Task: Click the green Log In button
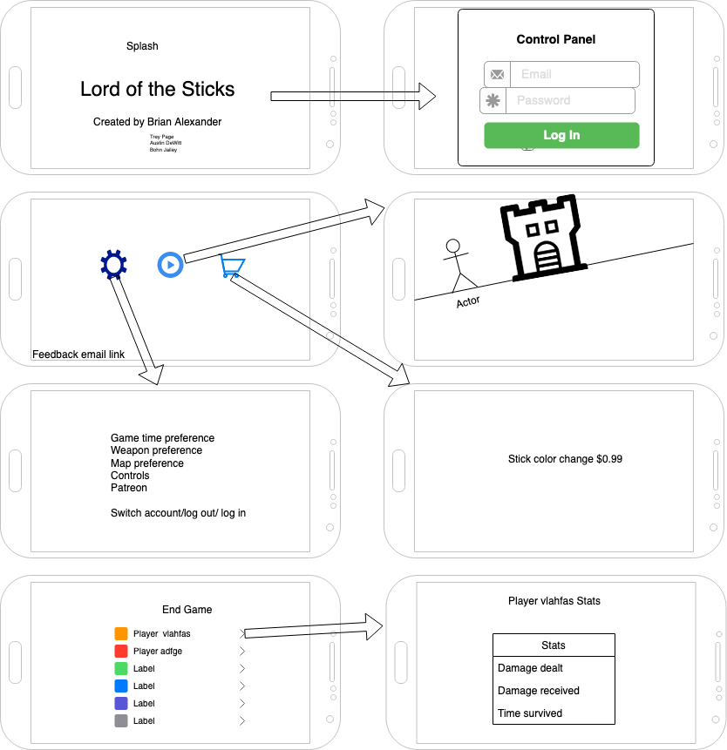(561, 135)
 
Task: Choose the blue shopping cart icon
(232, 266)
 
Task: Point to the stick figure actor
(459, 266)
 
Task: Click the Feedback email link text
(78, 355)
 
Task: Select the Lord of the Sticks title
(157, 89)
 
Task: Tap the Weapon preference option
(156, 450)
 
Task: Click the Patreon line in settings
(129, 488)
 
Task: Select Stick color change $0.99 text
(565, 459)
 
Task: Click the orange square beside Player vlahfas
(121, 634)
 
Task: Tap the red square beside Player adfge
(121, 652)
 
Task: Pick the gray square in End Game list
(121, 721)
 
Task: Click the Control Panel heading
(556, 39)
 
